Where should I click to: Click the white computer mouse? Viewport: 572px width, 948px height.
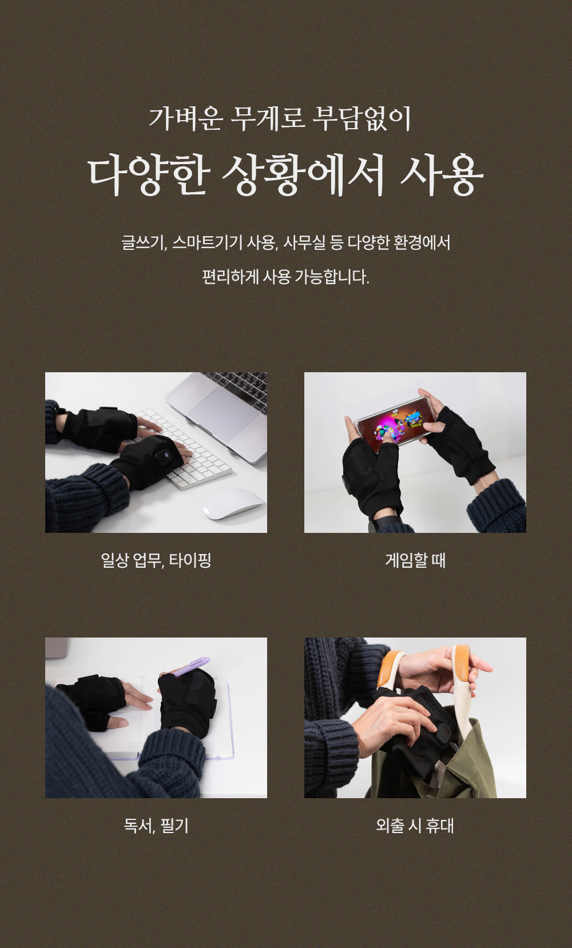(233, 504)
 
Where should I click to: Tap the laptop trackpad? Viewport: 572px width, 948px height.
(223, 410)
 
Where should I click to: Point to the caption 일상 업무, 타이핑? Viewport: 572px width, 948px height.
(156, 560)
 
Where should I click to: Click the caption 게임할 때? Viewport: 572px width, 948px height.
(415, 560)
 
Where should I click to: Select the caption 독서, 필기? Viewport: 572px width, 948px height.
(156, 826)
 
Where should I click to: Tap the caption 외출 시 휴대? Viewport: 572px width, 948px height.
(415, 826)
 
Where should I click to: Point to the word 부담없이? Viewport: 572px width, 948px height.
(362, 118)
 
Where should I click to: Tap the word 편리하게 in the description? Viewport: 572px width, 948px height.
(231, 278)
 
